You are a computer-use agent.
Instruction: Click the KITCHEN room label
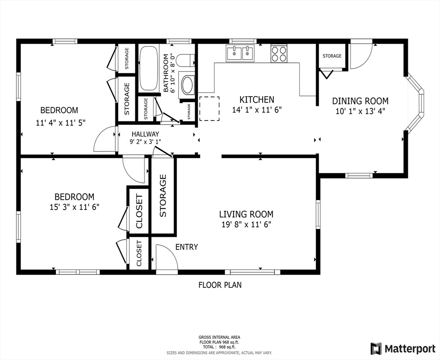(x=257, y=99)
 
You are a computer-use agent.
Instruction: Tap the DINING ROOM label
(x=360, y=101)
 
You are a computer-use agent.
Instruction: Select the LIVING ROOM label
(x=246, y=215)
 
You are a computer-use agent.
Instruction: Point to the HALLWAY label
(x=145, y=134)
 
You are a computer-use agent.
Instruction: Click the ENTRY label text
(x=187, y=247)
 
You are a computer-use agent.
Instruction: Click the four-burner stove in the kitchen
(x=279, y=53)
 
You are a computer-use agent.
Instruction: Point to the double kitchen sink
(x=240, y=52)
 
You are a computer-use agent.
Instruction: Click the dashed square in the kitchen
(x=209, y=109)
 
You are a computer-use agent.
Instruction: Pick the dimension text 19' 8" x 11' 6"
(x=246, y=225)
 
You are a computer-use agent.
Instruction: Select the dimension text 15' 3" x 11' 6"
(x=75, y=207)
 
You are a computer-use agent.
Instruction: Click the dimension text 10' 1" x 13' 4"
(x=360, y=111)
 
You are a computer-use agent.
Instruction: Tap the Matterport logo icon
(x=376, y=348)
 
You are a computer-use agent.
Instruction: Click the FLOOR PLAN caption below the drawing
(x=220, y=285)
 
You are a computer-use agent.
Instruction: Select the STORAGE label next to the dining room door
(x=332, y=56)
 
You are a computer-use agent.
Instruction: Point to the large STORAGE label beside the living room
(x=163, y=195)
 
